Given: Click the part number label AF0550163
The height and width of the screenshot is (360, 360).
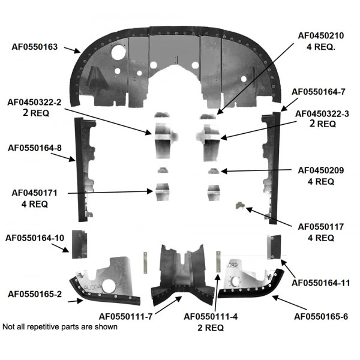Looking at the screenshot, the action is pos(34,47).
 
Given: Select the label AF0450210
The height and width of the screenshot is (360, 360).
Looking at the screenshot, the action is pos(321,36).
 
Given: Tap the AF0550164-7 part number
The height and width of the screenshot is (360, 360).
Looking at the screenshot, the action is pos(318,92).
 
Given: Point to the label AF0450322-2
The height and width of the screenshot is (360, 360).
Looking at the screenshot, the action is pos(34,102).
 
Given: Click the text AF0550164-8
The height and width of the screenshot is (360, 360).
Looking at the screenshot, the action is pos(35,148).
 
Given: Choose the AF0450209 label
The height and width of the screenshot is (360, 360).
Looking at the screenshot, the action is pos(321,170).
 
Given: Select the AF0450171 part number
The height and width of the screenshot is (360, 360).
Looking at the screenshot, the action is pos(34,193).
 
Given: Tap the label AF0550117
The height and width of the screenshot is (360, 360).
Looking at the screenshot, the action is pos(321,227).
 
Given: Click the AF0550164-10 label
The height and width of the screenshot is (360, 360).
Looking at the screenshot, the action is pos(35,238).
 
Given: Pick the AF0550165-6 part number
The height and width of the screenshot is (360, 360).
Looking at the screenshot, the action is pos(321,317).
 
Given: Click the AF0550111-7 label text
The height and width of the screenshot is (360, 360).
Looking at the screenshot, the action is pos(125,317).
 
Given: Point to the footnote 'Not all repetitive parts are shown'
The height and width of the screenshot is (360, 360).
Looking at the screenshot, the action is pos(60,327).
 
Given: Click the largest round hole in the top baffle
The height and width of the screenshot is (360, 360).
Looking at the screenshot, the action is pos(118,52).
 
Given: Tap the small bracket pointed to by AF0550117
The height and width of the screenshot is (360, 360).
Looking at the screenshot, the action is pos(240,205).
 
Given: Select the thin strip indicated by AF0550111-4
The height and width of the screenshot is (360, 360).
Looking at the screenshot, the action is pos(218,262).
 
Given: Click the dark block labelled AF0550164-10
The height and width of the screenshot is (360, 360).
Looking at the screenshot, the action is pos(79,244).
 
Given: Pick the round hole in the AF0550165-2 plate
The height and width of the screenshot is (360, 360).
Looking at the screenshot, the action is pos(109,286).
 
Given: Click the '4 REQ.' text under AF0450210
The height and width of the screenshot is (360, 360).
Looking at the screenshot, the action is pos(321,47).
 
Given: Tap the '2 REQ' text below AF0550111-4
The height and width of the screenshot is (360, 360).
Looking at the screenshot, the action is pos(211,328).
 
